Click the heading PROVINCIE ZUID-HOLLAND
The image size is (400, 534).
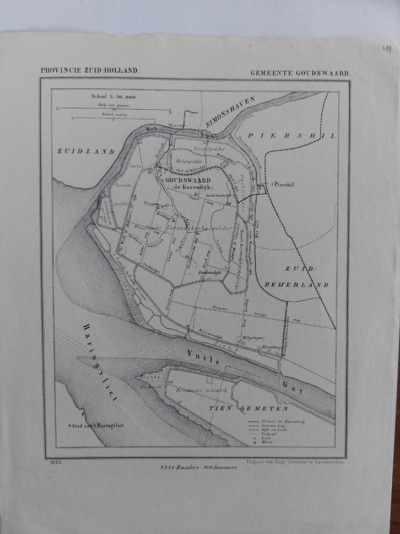point(90,71)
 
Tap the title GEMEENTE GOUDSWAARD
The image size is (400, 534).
point(300,72)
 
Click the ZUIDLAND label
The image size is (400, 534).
point(85,151)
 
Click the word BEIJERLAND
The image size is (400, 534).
point(302,285)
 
